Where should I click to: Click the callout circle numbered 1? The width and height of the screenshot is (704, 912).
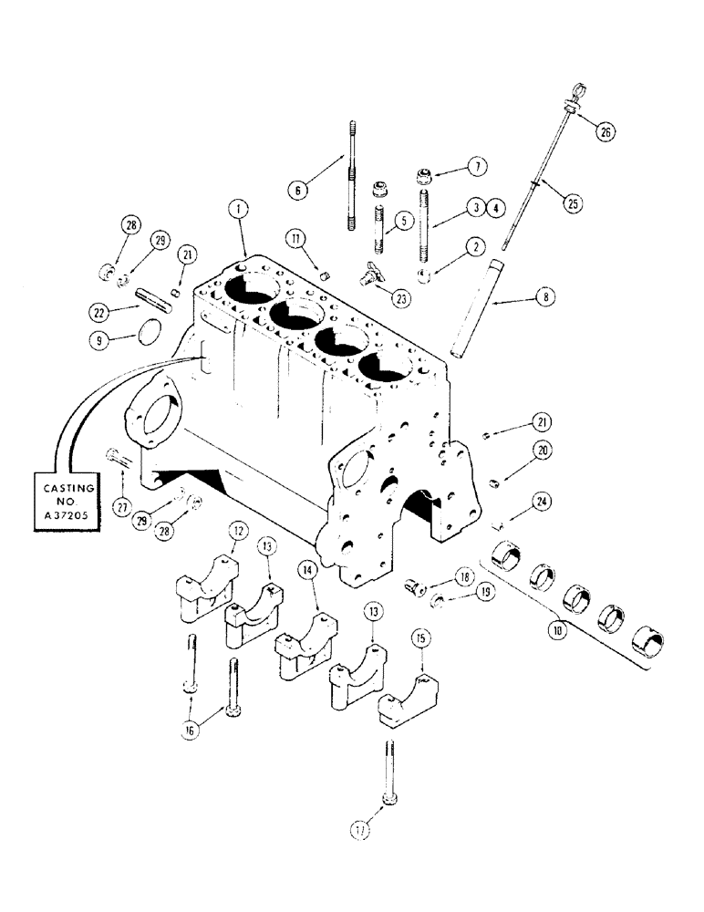239,208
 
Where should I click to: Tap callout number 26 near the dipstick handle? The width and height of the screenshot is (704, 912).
604,131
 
